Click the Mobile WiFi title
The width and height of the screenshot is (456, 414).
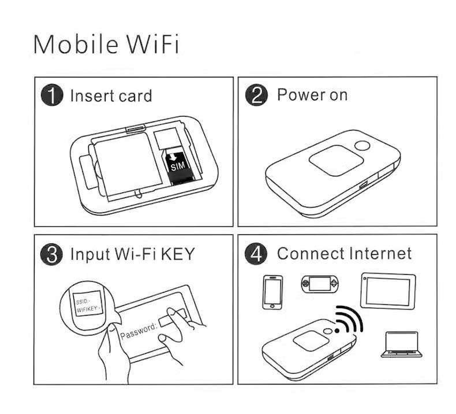coord(106,45)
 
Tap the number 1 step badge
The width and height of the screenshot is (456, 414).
coord(52,95)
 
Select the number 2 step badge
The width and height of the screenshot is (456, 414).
coord(256,95)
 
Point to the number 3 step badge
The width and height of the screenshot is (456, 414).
coord(52,254)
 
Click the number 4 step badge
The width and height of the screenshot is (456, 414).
coord(256,254)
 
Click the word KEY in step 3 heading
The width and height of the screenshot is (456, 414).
coord(178,254)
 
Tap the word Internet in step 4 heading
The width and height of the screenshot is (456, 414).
coord(380,253)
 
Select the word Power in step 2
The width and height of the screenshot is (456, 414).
coord(301,94)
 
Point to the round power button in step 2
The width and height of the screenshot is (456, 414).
coord(362,145)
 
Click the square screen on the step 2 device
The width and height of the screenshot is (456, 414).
coord(336,160)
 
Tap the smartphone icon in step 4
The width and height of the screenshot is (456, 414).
coord(272,292)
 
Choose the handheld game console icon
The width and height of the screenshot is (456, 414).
coord(319,284)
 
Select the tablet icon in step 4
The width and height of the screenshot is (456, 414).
coord(388,291)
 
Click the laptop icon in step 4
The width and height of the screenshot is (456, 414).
coord(402,345)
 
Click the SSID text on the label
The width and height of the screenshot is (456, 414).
coord(83,301)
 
